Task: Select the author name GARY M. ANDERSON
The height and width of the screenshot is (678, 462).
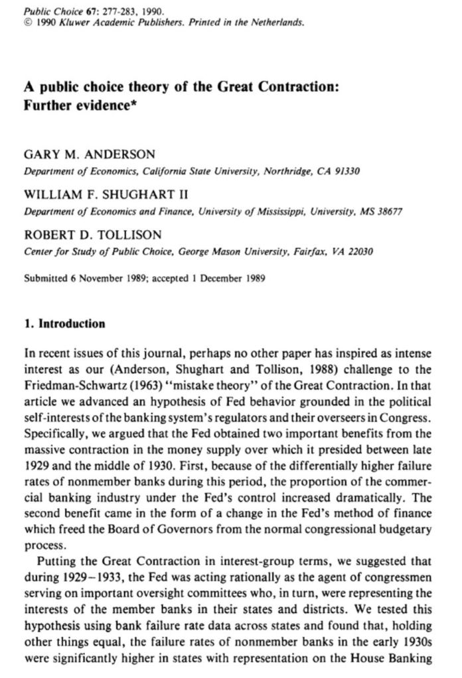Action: [x=90, y=154]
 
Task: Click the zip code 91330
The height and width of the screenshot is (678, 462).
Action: [x=347, y=170]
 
